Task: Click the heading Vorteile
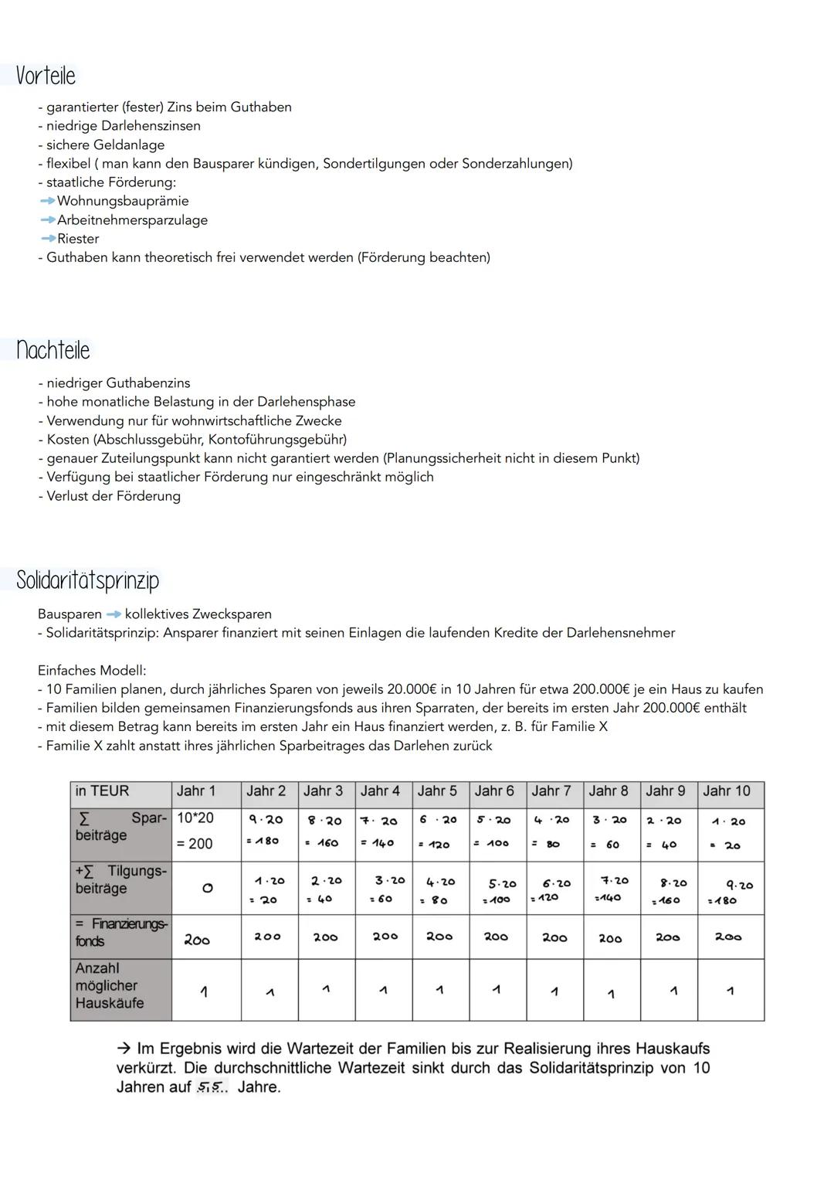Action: [46, 76]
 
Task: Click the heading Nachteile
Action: [53, 350]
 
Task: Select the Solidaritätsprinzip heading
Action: [87, 580]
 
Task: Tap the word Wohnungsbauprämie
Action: [123, 201]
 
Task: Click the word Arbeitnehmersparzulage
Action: [132, 220]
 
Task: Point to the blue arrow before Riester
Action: [48, 239]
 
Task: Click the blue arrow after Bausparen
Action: [114, 614]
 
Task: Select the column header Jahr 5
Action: [437, 791]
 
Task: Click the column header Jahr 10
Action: [726, 791]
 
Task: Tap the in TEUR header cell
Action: [102, 791]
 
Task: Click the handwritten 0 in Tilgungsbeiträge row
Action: [207, 889]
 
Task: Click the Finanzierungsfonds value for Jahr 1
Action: [197, 940]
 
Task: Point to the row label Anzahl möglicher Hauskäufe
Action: [109, 985]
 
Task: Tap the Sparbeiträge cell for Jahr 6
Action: [493, 831]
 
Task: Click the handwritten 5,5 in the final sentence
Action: [210, 1088]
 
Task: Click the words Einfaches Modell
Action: [92, 671]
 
